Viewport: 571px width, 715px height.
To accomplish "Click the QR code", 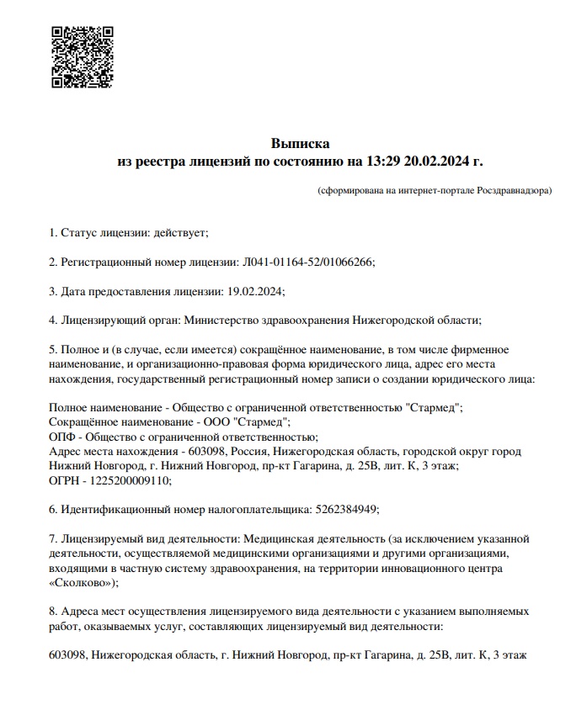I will click(83, 56).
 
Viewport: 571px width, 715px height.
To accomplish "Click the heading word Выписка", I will click(299, 143).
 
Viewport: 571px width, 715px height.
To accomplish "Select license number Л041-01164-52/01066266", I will click(307, 262).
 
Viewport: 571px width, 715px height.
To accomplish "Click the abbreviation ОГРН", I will click(66, 480).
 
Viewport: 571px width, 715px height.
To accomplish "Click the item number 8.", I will click(53, 612).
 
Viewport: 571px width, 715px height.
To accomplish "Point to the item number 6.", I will click(53, 509).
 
